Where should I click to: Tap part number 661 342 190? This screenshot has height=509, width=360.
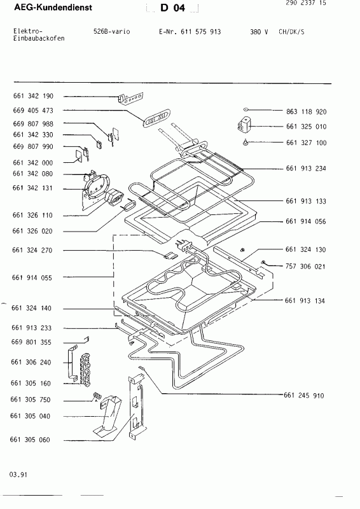click(x=33, y=95)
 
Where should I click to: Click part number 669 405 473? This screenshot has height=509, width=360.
click(x=33, y=110)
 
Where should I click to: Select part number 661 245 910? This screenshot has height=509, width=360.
click(x=303, y=395)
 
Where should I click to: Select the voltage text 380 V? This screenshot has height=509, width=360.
click(x=259, y=31)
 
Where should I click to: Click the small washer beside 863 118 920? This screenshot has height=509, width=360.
click(x=246, y=110)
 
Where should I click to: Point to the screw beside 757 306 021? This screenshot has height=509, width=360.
click(x=263, y=262)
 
